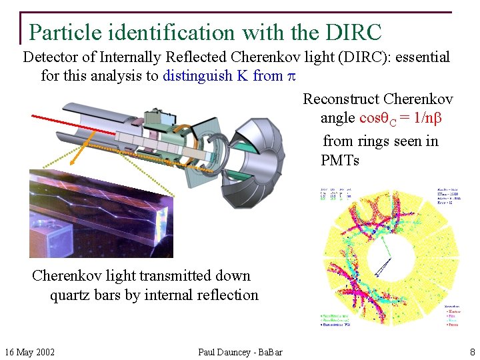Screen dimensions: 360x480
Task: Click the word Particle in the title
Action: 64,32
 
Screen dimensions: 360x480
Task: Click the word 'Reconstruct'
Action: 341,99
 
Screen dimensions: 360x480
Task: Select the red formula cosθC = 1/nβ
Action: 401,118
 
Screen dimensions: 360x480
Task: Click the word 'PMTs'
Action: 339,160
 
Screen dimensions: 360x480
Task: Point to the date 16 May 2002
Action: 30,352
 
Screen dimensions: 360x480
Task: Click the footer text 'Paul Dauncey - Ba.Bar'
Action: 240,352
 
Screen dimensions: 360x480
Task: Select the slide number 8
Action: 471,352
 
